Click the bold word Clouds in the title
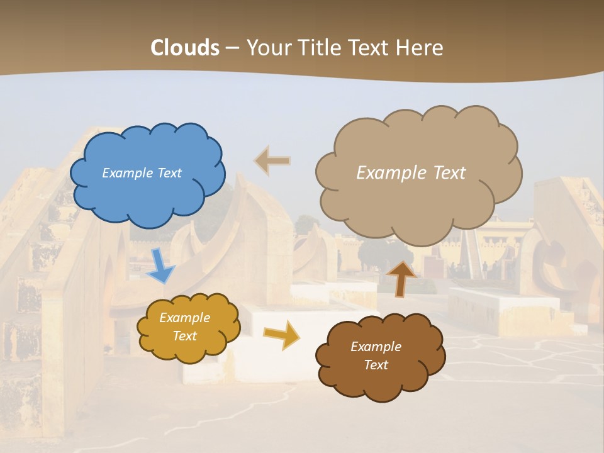[x=184, y=48]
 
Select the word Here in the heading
[x=421, y=48]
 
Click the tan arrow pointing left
[x=273, y=161]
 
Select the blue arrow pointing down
[x=161, y=266]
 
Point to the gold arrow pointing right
[x=281, y=334]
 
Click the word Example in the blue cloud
[x=127, y=173]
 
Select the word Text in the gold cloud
[x=185, y=336]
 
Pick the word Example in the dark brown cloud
[x=376, y=347]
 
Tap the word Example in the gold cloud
[x=185, y=318]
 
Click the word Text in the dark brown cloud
[x=376, y=365]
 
